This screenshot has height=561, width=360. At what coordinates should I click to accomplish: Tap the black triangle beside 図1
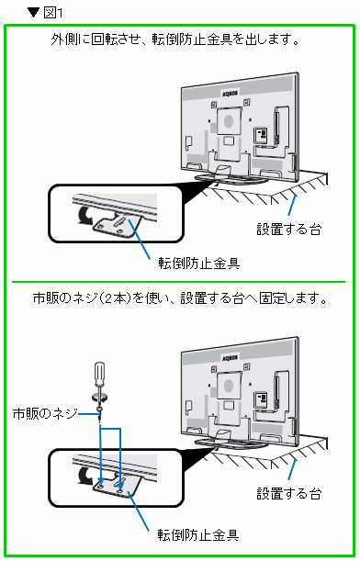(x=33, y=13)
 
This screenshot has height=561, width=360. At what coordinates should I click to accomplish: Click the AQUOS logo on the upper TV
(x=230, y=94)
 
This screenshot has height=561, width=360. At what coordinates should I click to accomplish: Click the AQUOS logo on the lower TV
(x=230, y=358)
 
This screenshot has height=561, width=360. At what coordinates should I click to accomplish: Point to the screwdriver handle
(x=99, y=374)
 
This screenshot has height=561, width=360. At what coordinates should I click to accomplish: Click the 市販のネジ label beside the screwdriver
(x=45, y=413)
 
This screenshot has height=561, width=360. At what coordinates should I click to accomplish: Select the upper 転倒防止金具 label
(x=199, y=264)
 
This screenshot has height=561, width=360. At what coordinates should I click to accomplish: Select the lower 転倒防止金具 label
(x=198, y=535)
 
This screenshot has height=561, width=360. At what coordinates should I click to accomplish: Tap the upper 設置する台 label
(x=288, y=229)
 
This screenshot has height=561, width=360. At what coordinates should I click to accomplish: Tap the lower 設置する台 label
(x=288, y=494)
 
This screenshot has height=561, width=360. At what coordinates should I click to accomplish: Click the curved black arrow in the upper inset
(x=84, y=216)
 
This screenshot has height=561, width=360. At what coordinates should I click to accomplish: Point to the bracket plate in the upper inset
(x=117, y=225)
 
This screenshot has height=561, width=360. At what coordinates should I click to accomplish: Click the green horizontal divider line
(x=179, y=282)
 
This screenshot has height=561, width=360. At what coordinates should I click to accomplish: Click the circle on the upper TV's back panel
(x=229, y=121)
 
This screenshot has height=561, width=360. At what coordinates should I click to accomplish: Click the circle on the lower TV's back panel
(x=229, y=387)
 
